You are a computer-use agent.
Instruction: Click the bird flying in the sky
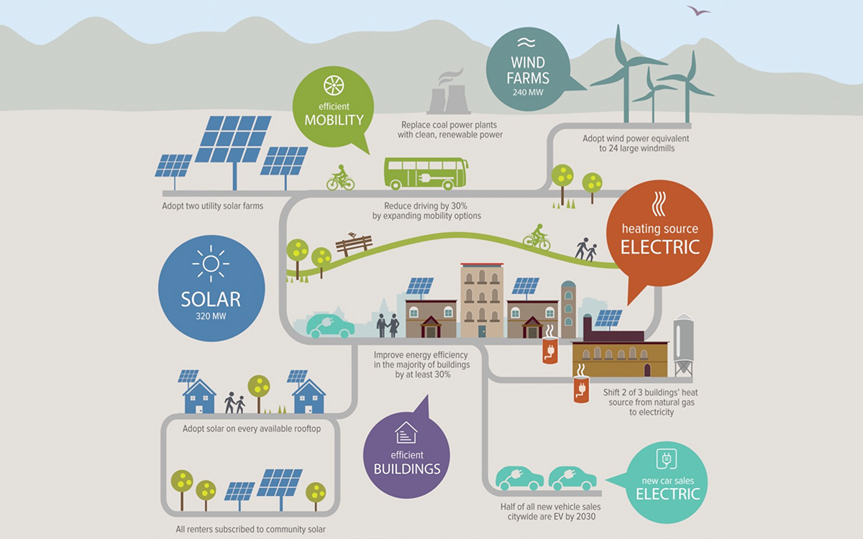[698, 10]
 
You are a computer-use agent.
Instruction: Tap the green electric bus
[426, 173]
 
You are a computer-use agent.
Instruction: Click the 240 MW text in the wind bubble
[528, 93]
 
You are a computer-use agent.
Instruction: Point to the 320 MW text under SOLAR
[211, 316]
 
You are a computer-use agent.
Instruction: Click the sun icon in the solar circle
[211, 264]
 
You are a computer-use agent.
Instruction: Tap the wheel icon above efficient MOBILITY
[334, 85]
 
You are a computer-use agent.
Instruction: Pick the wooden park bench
[354, 245]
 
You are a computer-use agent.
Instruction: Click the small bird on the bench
[352, 234]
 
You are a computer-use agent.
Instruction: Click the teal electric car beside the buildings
[330, 326]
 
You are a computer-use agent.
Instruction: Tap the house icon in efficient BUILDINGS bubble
[406, 433]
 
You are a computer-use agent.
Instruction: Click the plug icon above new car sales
[667, 459]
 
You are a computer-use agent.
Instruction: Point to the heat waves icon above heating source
[659, 203]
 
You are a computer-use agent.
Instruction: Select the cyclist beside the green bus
[341, 178]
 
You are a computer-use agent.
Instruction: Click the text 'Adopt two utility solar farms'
[212, 206]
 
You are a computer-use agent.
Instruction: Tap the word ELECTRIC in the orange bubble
[660, 247]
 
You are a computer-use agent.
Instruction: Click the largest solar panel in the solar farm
[234, 139]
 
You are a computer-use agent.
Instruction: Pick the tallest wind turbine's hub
[626, 65]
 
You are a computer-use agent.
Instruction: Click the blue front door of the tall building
[482, 331]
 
